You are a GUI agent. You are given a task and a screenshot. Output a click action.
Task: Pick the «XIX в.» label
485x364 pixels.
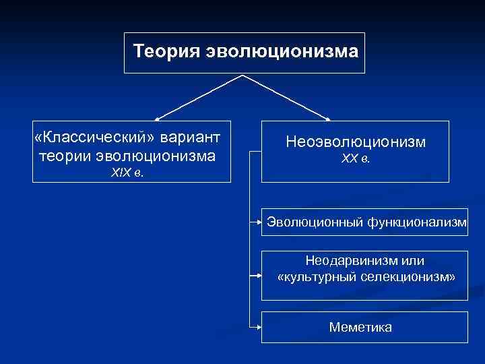[127, 173]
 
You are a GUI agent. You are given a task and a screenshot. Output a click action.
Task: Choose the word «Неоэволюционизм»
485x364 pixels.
[356, 142]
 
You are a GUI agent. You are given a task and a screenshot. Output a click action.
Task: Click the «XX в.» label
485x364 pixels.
[356, 159]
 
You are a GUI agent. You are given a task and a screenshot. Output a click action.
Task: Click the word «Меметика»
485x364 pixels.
[360, 327]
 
